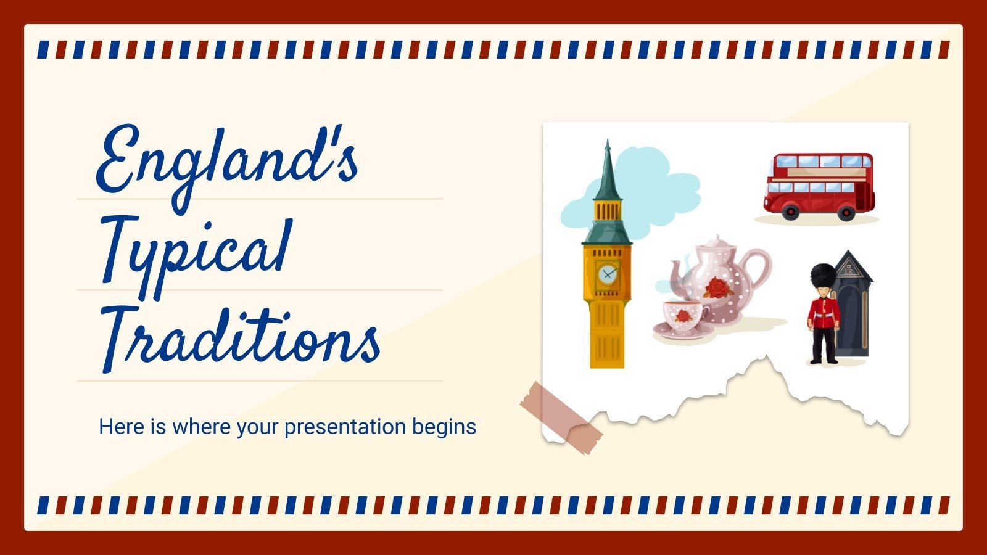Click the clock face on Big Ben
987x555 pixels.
click(608, 272)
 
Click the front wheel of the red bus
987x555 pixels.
click(790, 212)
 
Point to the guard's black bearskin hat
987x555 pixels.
click(822, 278)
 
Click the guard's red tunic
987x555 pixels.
click(824, 313)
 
